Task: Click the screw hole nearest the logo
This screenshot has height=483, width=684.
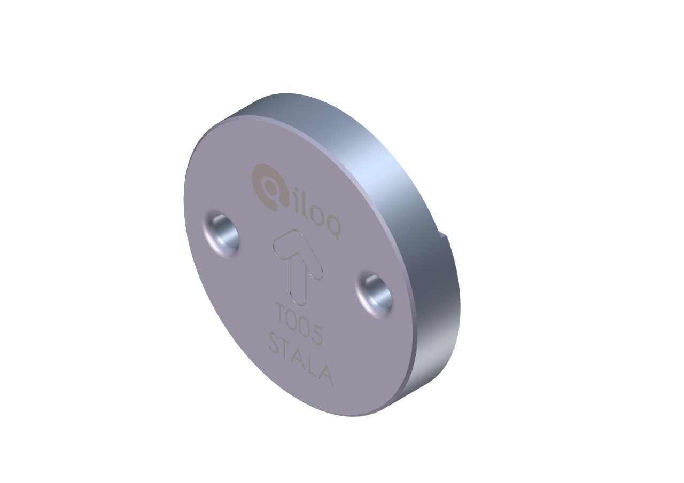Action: point(221,234)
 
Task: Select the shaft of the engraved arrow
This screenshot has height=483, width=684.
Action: point(298,281)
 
